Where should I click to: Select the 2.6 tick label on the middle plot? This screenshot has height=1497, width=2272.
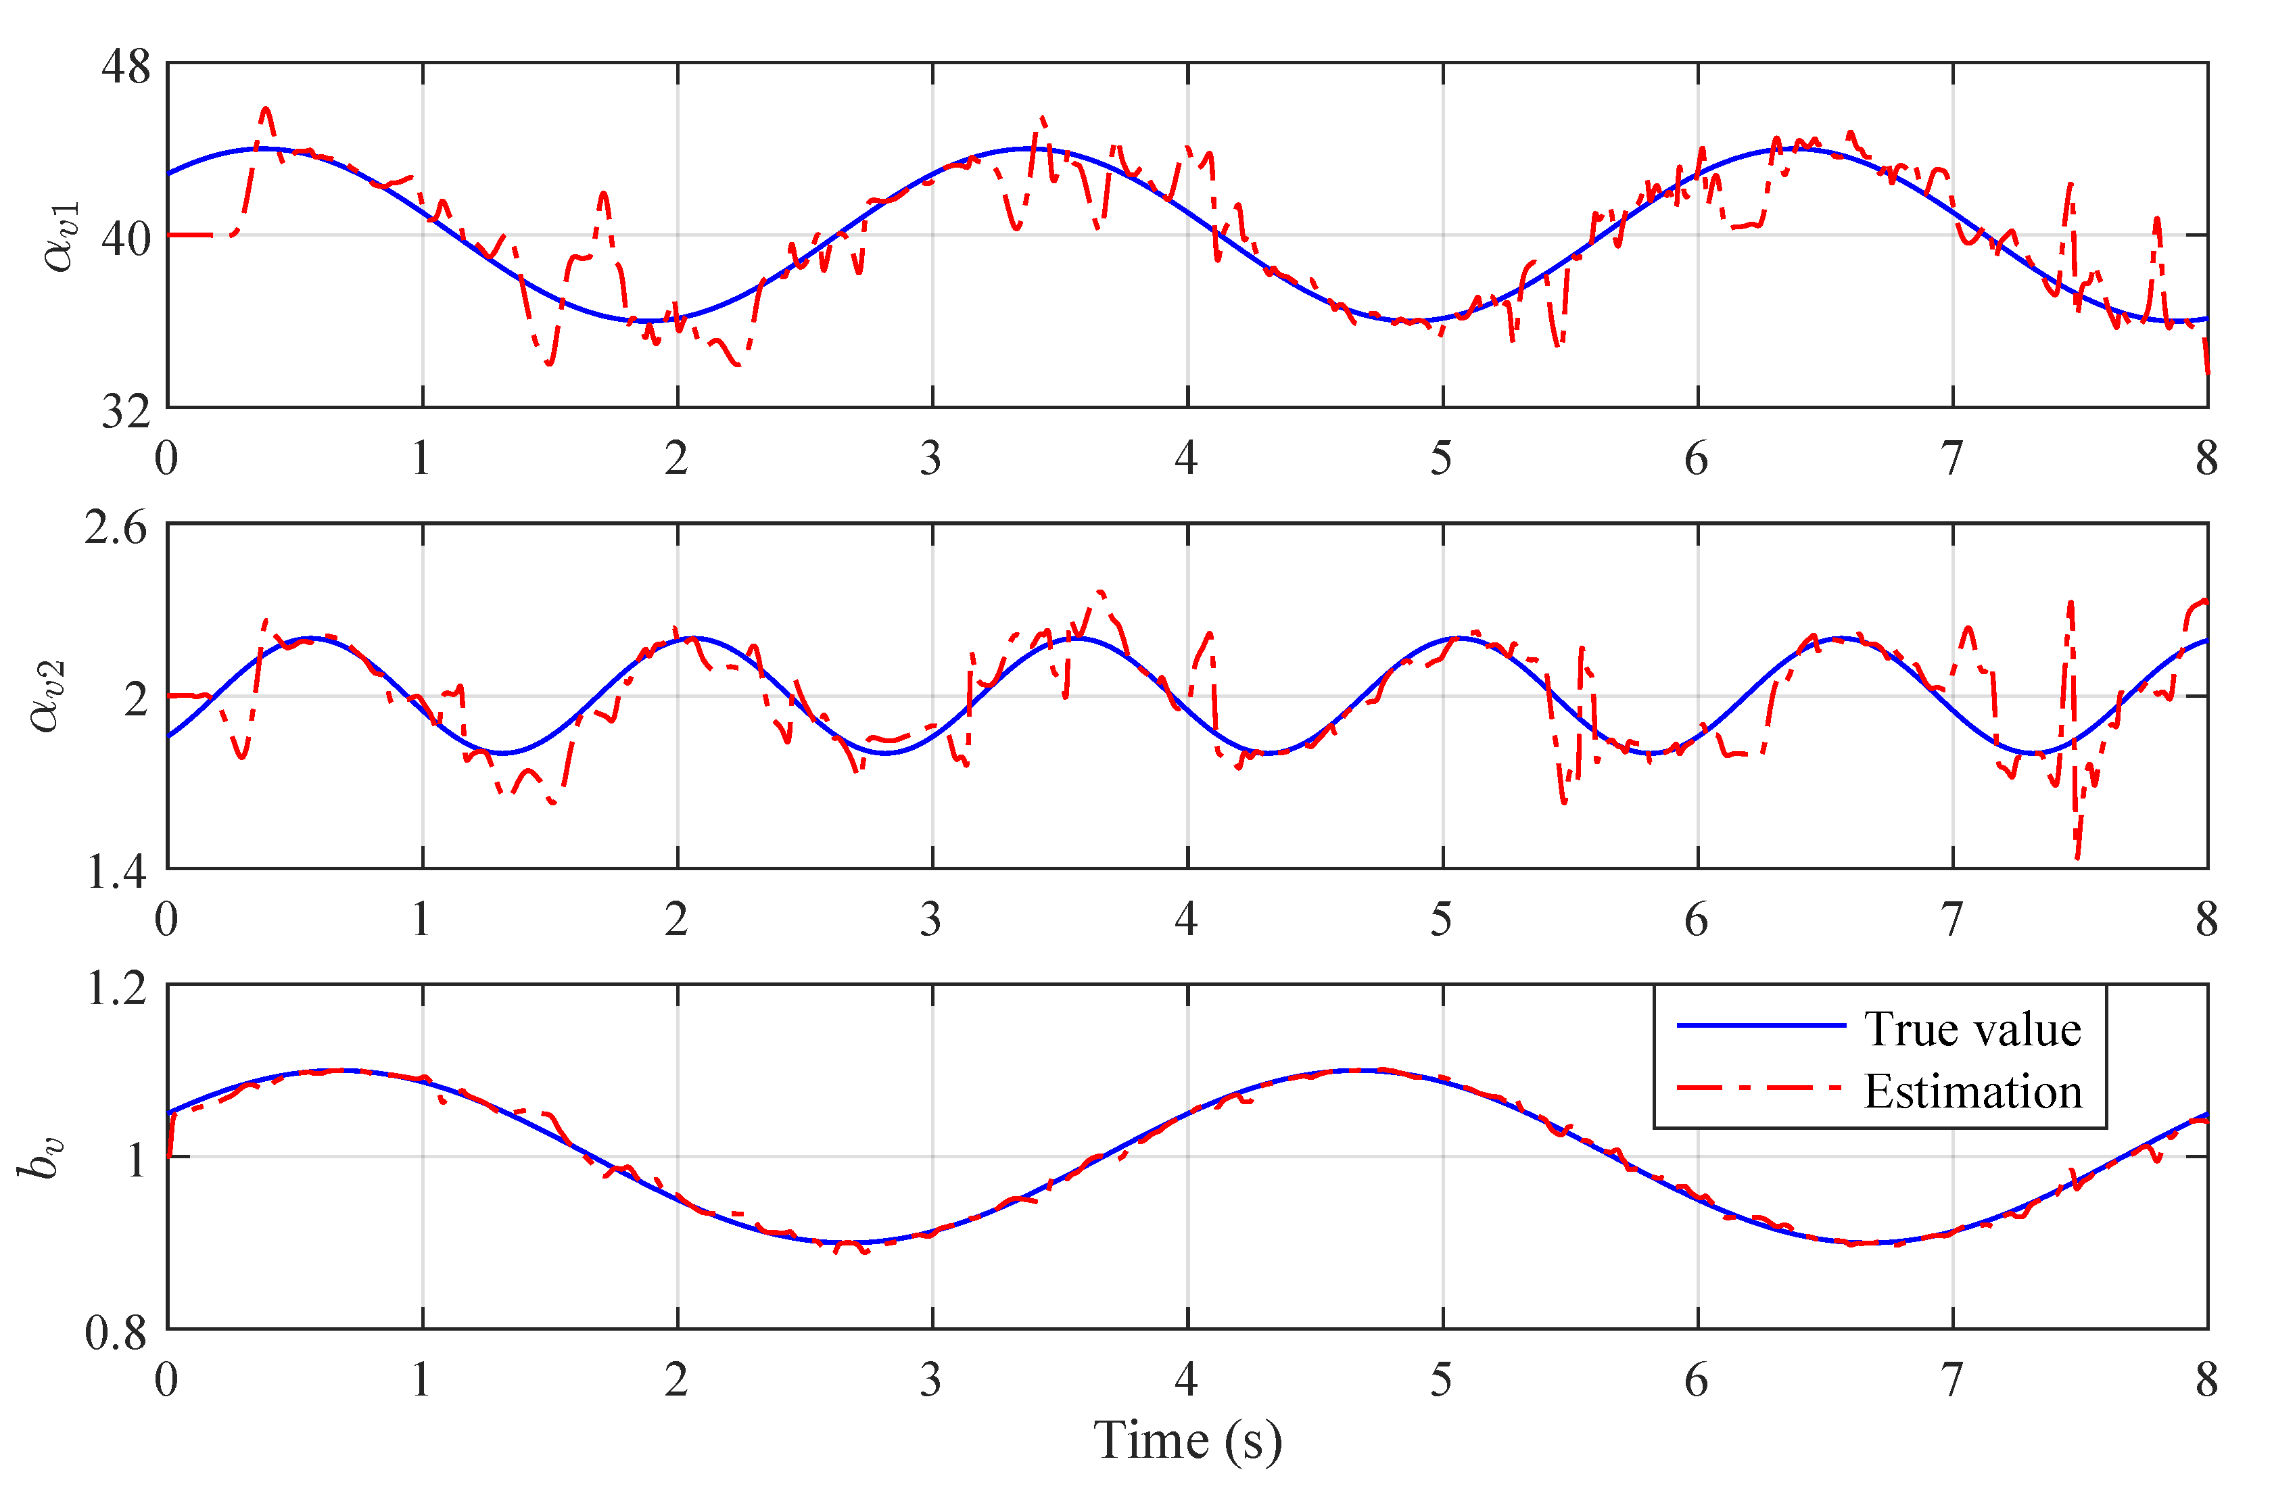116,528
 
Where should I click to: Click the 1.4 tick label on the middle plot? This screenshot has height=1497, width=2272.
116,872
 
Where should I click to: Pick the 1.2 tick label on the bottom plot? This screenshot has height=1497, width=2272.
116,988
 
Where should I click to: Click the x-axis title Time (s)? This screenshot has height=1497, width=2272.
1187,1441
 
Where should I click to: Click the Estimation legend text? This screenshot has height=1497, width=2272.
1972,1091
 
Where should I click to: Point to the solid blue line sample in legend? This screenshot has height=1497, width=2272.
1761,1025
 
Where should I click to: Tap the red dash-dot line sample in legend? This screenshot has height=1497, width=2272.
1761,1087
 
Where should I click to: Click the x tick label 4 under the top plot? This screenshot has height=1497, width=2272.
1185,459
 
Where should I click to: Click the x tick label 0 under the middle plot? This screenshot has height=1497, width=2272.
166,920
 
